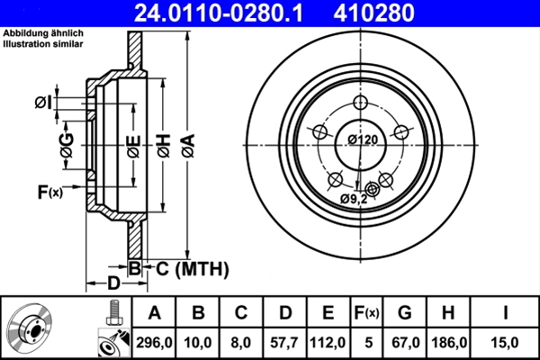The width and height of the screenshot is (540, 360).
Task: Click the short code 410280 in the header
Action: click(400, 13)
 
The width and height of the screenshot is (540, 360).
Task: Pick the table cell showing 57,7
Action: click(284, 341)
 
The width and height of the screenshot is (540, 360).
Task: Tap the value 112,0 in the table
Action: click(328, 341)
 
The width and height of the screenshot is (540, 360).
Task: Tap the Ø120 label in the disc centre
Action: click(363, 139)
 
